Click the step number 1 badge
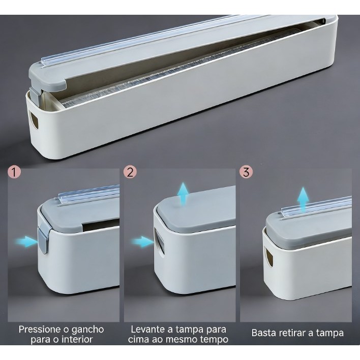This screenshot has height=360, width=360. [x=14, y=172]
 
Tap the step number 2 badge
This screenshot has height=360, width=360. [x=130, y=172]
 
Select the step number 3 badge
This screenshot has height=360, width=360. [x=246, y=172]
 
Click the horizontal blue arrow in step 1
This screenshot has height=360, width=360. [x=25, y=242]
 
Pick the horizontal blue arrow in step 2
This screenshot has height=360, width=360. [x=142, y=242]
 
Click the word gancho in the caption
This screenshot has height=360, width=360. [x=87, y=329]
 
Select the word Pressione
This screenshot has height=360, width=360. [x=42, y=329]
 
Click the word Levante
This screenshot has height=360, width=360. [x=147, y=329]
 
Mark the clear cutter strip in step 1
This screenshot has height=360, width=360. [x=89, y=193]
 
